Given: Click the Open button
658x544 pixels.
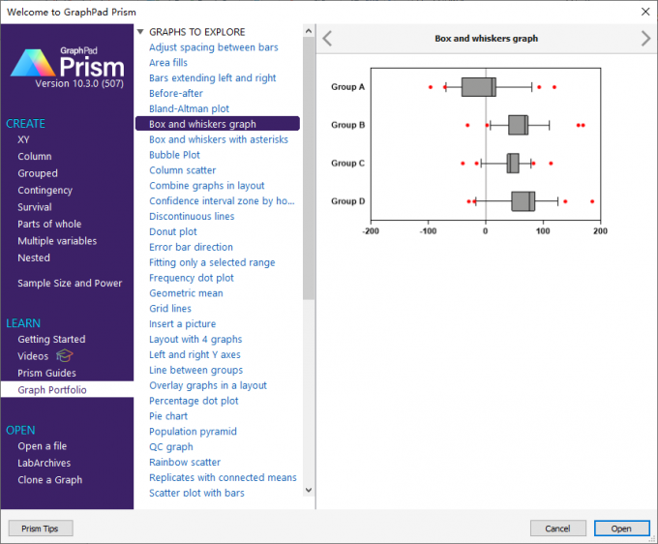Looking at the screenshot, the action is pos(621,529).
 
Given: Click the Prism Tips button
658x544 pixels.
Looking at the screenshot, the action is pos(41,529).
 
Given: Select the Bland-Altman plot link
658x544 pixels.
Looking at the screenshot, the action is pos(189,108).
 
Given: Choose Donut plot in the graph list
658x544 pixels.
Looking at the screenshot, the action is pos(173,231).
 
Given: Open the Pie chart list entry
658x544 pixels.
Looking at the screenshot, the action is pos(168,416).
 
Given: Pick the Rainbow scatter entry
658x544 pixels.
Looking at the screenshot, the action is pos(185,462).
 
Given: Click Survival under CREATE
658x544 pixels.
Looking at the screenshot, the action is pos(35,207).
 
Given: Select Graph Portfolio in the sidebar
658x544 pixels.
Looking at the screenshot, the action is pos(52,390).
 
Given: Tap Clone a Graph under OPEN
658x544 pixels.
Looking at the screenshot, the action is pos(50,480).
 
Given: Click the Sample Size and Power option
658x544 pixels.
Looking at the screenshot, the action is pos(70,283).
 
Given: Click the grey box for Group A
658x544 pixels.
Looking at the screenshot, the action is pos(479,87).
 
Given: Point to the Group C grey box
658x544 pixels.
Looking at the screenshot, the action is pos(513,164).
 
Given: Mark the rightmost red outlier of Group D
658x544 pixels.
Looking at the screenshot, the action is pos(592,201).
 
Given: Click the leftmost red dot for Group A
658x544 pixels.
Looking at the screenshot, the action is pos(431,87).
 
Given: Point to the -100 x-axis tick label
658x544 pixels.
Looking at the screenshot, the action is pos(428,231).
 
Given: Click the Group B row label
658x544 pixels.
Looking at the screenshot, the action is pos(348,125).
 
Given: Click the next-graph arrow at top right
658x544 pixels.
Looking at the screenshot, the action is pos(645,39).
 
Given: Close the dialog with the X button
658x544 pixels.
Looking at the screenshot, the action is pos(645,12).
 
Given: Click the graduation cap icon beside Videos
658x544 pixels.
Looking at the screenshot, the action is pos(64,356).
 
